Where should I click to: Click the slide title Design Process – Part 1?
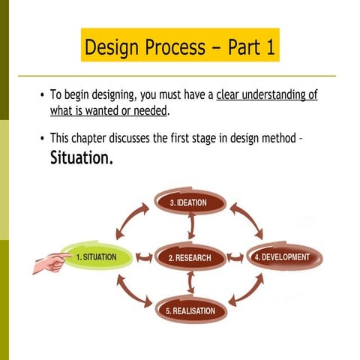(x=179, y=46)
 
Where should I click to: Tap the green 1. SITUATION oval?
(x=96, y=257)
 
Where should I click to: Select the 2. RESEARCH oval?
(x=189, y=257)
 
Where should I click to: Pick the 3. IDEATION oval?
(x=190, y=202)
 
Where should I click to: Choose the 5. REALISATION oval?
(x=190, y=310)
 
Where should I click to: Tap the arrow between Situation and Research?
(x=143, y=257)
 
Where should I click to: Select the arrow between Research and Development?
(x=237, y=257)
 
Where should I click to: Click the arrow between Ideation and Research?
(x=191, y=226)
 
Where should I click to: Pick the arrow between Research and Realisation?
(x=191, y=283)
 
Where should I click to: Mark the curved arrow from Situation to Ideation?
(x=129, y=218)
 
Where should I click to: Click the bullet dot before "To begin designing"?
(x=42, y=97)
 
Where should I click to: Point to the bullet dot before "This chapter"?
(x=42, y=139)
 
